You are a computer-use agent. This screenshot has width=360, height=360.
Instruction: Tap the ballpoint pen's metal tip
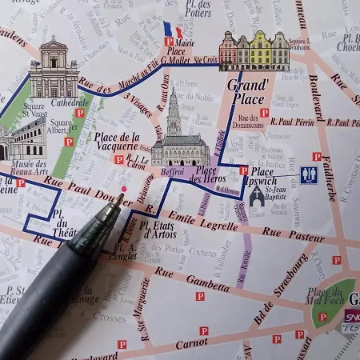(x=118, y=200)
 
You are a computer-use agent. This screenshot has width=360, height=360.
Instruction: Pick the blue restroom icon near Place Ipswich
(x=309, y=174)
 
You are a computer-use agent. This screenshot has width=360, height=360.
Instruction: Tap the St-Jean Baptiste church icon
(x=257, y=195)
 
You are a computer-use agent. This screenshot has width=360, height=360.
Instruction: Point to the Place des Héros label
(x=207, y=175)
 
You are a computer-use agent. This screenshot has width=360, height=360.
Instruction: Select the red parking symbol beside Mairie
(x=169, y=41)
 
